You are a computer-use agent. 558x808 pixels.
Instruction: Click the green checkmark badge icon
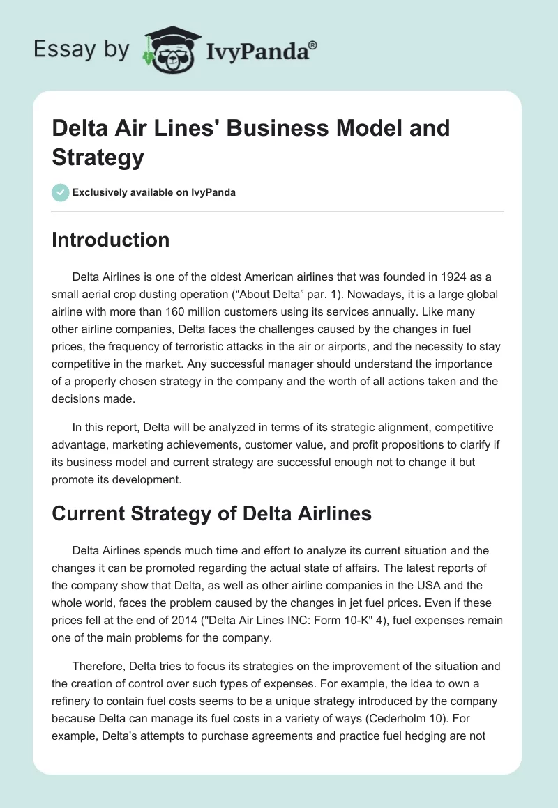click(60, 192)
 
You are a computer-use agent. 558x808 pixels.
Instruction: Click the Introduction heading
click(111, 240)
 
